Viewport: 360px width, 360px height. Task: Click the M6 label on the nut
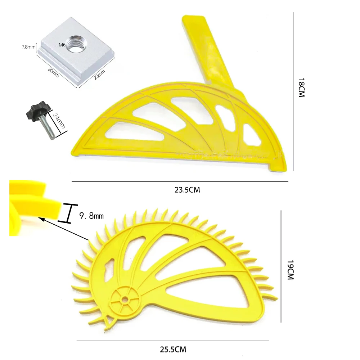[x=62, y=45]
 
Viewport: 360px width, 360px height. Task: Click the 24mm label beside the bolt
[x=58, y=120]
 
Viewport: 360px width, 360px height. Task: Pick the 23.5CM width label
[x=187, y=190]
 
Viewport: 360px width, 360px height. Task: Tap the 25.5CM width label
[x=173, y=349]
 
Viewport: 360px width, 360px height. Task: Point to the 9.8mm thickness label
[x=91, y=216]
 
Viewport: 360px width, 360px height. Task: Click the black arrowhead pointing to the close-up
[x=41, y=218]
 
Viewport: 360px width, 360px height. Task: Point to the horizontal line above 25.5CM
[x=173, y=341]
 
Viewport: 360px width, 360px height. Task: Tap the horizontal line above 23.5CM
[x=180, y=182]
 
